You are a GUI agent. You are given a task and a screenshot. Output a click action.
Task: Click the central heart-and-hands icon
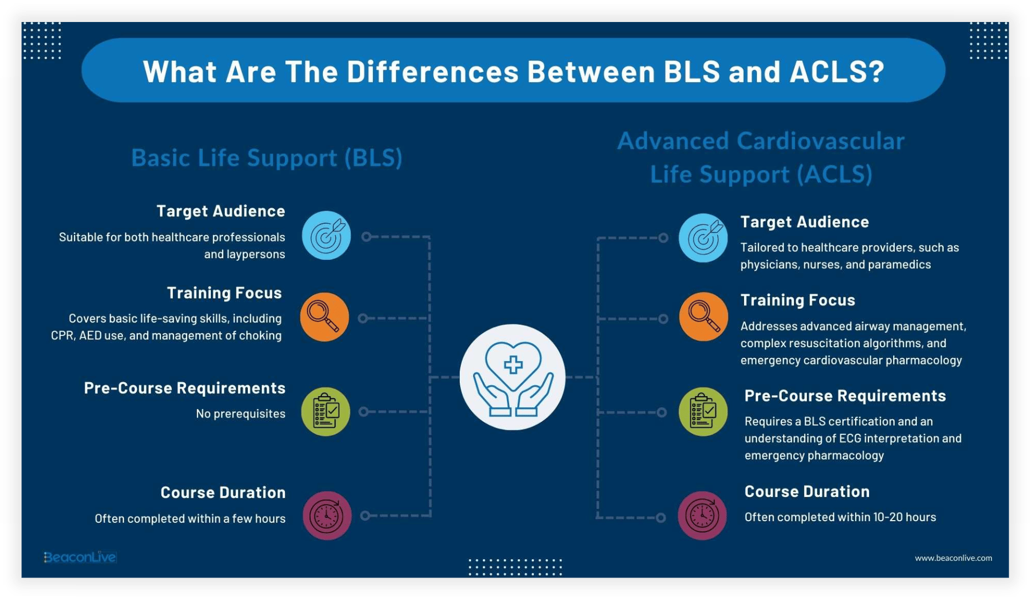coord(512,377)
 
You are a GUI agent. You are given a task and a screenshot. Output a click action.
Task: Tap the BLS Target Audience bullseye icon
coord(326,236)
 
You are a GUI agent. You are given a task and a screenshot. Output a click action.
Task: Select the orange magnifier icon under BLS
coord(325,317)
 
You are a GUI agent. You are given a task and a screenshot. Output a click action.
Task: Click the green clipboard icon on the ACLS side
coord(703,412)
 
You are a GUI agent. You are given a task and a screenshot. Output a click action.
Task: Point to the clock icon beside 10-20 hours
coord(702,515)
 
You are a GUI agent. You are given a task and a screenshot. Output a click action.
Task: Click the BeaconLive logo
coord(80,557)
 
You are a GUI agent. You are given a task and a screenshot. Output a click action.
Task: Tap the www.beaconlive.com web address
coord(953,558)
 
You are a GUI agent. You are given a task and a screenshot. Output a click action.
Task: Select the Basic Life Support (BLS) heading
coord(267,158)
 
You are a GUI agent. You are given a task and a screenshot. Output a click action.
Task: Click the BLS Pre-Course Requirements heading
coord(185,388)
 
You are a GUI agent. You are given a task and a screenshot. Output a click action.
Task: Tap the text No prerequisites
coord(240,414)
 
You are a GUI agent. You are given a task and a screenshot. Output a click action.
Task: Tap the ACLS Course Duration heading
coord(807,492)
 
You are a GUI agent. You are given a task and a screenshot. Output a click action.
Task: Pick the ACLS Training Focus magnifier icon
coord(703,317)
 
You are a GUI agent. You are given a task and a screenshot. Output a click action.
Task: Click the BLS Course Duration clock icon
coord(327,516)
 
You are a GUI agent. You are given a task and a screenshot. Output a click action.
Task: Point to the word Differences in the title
coord(432,71)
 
